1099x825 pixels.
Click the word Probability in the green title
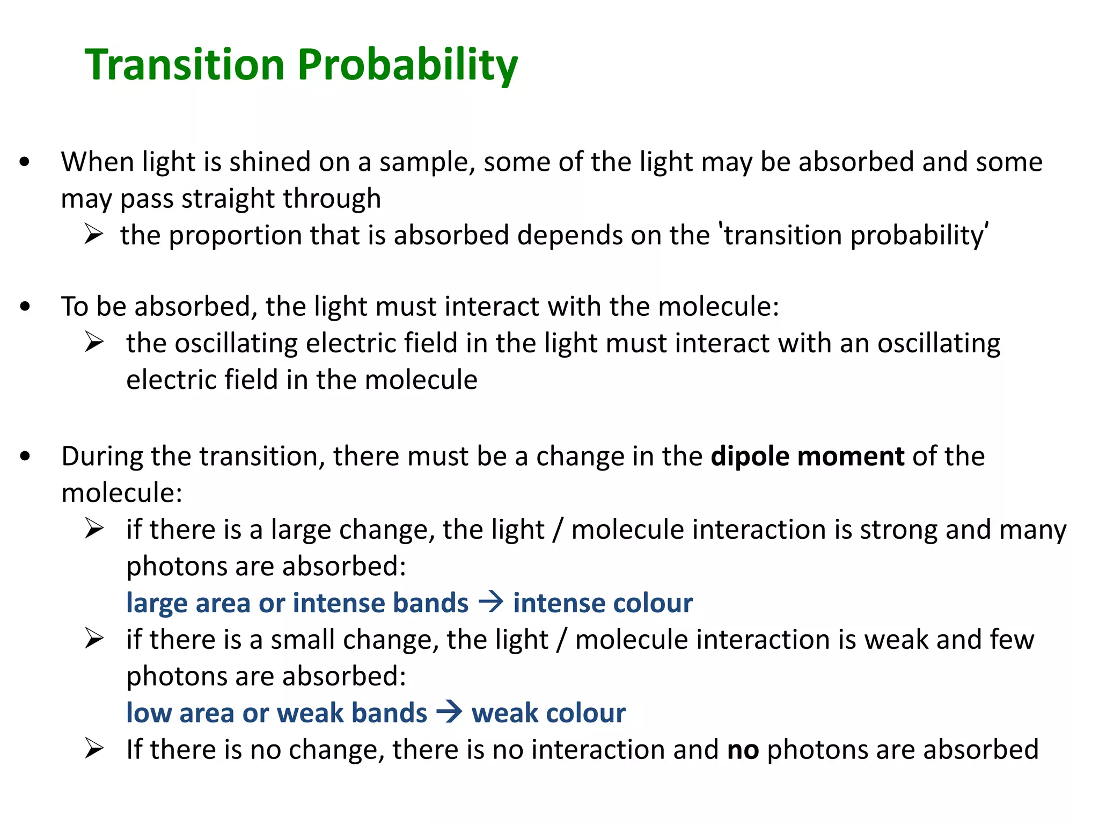407,66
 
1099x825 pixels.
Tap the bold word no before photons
743,750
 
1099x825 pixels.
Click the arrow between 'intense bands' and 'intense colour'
490,602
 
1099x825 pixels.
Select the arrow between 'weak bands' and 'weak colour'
449,712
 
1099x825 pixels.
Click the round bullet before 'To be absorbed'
25,307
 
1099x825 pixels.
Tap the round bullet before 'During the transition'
25,457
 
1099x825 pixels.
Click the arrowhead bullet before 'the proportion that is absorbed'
93,235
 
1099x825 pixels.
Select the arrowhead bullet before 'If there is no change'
94,749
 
